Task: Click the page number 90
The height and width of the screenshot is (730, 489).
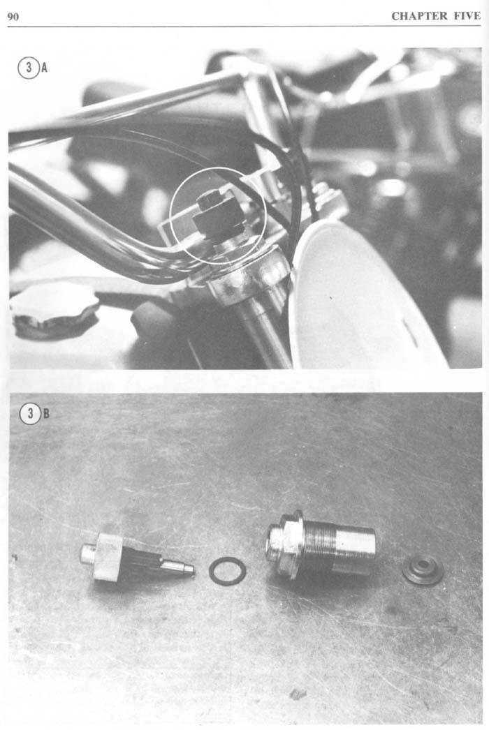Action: pos(13,17)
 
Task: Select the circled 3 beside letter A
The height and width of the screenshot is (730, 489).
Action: pos(29,68)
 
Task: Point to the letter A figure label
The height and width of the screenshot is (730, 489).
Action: pos(44,68)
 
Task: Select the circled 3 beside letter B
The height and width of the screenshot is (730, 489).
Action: pos(30,413)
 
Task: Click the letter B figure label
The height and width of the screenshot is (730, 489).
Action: pos(46,413)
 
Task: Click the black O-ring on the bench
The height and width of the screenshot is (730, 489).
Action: pos(228,571)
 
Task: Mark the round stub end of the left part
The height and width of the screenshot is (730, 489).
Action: pos(87,553)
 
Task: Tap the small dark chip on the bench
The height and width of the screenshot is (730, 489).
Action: pos(298,694)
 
